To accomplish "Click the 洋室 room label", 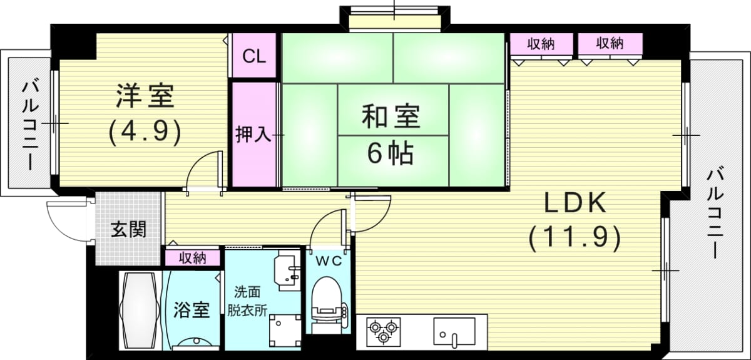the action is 145,96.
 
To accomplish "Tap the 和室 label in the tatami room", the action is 391,116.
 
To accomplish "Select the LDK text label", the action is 575,203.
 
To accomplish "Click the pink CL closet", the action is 254,56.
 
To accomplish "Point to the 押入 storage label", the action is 253,135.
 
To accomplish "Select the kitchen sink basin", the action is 454,331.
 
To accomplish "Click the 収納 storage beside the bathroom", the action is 193,258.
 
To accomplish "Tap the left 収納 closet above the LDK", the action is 541,44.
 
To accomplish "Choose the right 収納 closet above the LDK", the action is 610,43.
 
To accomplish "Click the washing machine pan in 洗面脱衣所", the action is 285,331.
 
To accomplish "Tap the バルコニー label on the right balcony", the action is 715,214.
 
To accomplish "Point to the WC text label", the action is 329,260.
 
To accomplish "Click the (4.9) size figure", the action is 145,133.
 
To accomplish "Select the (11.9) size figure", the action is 575,239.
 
